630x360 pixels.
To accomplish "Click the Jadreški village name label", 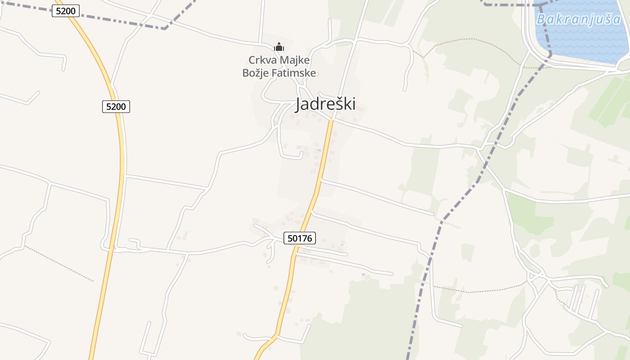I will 325,104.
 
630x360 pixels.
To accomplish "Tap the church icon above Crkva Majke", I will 279,47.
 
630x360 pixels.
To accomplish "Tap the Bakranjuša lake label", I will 579,19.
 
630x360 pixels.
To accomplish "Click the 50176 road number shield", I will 300,238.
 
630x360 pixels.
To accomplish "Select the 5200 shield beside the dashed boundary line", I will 66,11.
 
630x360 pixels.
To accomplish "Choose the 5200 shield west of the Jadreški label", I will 116,107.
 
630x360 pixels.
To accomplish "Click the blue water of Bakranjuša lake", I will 585,43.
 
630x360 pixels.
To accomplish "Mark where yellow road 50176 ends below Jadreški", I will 331,119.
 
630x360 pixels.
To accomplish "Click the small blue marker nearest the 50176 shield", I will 342,244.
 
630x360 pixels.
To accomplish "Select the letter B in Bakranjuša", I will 541,19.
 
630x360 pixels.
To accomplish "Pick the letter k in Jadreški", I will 348,104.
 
